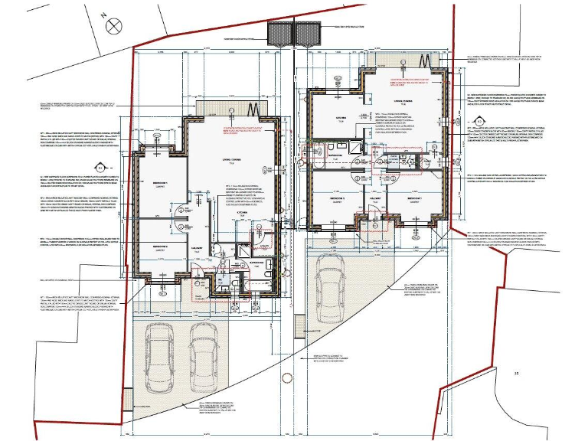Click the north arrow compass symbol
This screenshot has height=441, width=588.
114,24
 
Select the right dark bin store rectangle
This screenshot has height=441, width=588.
307,34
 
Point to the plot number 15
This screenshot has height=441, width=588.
517,373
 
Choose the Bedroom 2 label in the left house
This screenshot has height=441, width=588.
160,247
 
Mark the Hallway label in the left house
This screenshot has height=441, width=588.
197,247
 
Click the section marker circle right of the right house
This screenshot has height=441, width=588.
479,120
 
